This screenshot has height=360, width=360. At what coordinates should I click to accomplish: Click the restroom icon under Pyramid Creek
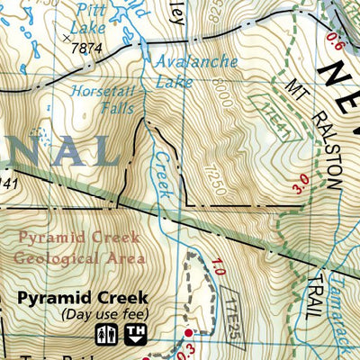(106, 334)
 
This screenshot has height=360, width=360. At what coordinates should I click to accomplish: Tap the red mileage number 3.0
(301, 183)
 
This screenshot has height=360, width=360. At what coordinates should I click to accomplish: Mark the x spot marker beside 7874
(66, 40)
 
